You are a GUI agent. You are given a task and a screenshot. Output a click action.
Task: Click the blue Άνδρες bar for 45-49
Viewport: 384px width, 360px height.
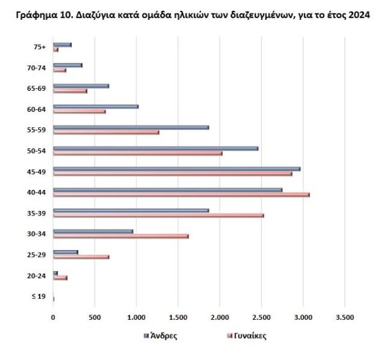point(176,169)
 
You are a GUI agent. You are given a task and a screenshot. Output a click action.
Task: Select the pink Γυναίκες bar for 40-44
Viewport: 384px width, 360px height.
point(181,194)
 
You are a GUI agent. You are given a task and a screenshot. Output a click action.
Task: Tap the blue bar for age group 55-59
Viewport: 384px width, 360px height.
point(131,127)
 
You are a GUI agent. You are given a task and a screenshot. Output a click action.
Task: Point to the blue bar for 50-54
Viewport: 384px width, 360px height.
point(156,148)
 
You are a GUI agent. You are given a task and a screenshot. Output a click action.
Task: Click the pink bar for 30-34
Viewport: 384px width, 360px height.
point(120,236)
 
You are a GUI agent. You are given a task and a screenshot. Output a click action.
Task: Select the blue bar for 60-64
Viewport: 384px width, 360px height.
point(95,106)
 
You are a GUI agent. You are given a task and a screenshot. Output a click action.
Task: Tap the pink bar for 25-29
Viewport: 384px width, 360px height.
point(81,256)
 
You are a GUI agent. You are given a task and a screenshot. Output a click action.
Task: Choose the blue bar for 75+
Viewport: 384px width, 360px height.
point(62,45)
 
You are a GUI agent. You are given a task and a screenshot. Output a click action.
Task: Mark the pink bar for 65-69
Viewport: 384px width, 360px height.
point(70,91)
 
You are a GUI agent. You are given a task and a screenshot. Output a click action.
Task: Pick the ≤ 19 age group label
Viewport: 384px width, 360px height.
point(40,296)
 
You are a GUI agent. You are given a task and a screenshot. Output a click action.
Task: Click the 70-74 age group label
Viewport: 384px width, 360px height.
point(38,67)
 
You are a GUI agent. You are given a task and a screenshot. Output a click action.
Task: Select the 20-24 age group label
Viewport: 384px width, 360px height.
point(38,276)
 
